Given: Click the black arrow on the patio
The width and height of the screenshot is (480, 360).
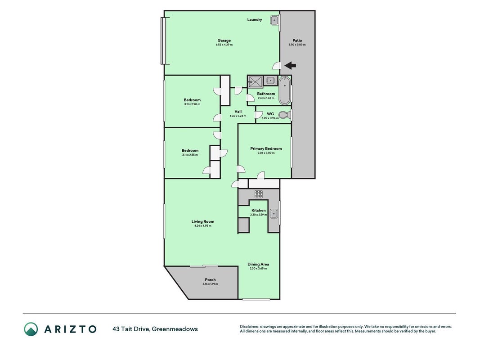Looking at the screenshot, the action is click(x=290, y=65).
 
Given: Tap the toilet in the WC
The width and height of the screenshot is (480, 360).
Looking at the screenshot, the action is click(x=285, y=115).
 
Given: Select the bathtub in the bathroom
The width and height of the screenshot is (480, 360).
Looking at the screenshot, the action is click(x=285, y=90).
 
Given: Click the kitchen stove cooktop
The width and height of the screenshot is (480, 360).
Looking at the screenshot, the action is click(x=259, y=194).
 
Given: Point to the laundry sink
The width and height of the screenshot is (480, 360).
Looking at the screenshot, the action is click(x=274, y=21).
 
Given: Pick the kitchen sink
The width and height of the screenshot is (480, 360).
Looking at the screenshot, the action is click(x=274, y=213).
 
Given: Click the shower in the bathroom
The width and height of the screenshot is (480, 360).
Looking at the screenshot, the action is click(x=255, y=82).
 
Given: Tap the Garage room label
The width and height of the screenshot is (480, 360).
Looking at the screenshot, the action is click(x=224, y=40).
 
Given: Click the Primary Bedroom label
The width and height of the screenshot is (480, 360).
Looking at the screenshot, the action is click(x=266, y=148).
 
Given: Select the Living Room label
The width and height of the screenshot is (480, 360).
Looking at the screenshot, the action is click(x=202, y=221).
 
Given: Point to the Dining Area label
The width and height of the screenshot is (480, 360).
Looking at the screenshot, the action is click(x=258, y=264).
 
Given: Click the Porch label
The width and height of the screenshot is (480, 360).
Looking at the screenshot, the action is click(x=210, y=279).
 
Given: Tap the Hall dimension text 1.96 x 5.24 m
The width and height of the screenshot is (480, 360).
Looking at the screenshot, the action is click(x=238, y=116).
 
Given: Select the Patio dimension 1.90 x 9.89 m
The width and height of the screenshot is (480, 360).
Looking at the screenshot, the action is click(x=297, y=45).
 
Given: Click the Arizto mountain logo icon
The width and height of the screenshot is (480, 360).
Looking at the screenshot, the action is click(x=31, y=329).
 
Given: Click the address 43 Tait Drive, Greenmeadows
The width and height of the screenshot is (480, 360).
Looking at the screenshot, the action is click(x=155, y=329).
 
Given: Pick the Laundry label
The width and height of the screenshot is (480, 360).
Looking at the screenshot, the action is click(x=255, y=20).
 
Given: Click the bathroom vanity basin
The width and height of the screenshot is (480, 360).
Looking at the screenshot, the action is click(x=270, y=81).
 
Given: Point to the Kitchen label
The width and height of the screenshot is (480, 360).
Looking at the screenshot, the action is click(x=258, y=210).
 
